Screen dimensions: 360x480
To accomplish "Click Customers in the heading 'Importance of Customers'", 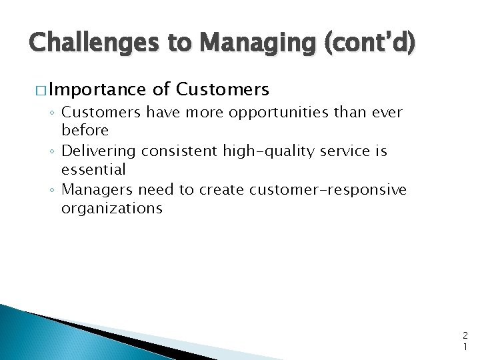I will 223,89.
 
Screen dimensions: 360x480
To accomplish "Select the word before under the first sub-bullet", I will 85,131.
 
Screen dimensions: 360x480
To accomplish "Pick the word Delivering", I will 97,151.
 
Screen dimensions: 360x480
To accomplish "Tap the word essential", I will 93,169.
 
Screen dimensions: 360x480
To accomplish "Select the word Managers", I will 94,190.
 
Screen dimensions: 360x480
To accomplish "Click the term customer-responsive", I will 327,190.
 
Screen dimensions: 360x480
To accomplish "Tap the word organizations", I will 111,208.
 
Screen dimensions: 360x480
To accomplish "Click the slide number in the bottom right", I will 465,341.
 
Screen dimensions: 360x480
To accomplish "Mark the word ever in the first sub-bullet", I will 387,113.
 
